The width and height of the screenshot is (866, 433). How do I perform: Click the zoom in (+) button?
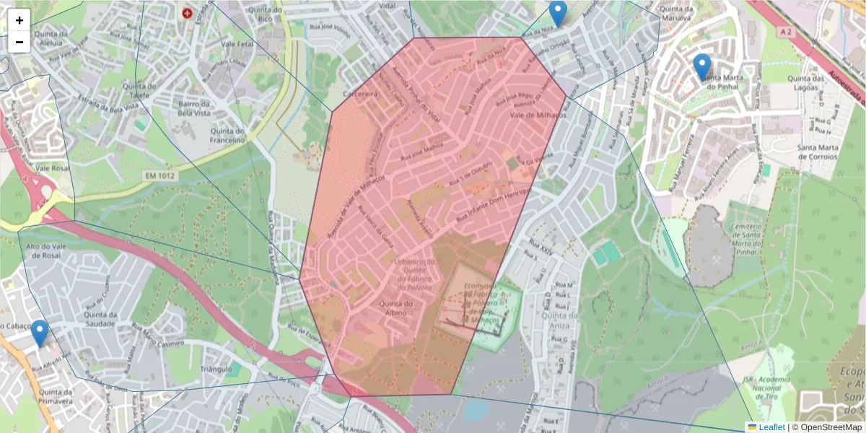coord(19,20)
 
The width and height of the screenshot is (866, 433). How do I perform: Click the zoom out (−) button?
coord(19,42)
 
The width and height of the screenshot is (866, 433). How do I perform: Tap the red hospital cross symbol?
coord(188,13)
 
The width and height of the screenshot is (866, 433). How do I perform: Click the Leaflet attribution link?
coord(771,427)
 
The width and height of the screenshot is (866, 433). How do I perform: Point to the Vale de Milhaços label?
coord(538,114)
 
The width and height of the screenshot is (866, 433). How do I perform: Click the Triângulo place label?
coord(216,368)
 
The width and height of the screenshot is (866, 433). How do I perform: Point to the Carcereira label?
coord(361,94)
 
